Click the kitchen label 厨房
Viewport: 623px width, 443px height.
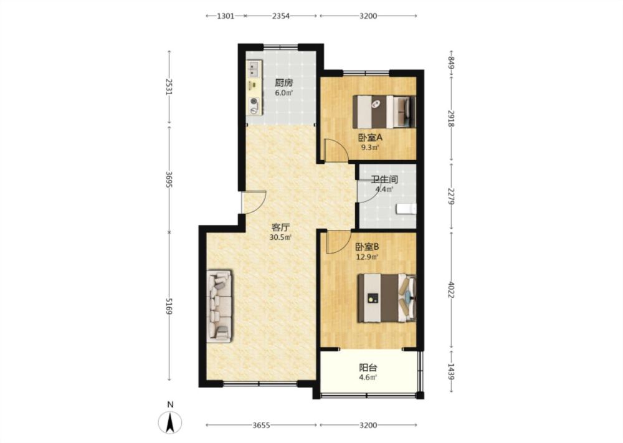283,83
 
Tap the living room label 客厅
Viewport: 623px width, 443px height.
280,227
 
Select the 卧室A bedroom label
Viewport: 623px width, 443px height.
370,138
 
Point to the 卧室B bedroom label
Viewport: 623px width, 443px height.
367,247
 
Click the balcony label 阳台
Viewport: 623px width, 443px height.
368,368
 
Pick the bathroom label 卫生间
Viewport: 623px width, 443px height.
384,179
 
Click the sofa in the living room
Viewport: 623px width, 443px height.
219,307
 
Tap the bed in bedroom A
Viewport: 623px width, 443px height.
384,112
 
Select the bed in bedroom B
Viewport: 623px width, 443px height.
387,298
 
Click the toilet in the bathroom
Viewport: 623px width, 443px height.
406,209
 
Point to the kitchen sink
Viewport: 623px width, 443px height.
254,69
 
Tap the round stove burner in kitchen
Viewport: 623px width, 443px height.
254,102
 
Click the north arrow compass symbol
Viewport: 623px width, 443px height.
171,422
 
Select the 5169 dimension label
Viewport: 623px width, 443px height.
169,306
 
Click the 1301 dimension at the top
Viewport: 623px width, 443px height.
225,16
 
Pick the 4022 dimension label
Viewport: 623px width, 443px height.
451,290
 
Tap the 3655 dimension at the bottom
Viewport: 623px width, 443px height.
261,425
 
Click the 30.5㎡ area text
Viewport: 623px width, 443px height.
280,237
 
